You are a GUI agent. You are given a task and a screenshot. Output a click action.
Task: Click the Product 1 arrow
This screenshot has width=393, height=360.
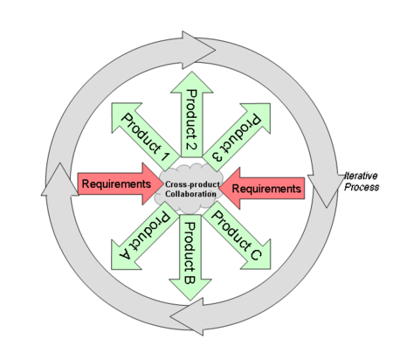(x=141, y=134)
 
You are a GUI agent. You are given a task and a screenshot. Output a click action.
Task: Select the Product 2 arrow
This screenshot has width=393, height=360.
(x=191, y=114)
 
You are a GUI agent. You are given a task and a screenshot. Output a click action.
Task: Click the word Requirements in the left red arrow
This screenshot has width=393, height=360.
(x=116, y=183)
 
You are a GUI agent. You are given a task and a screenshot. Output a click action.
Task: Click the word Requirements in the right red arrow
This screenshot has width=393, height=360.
(x=266, y=189)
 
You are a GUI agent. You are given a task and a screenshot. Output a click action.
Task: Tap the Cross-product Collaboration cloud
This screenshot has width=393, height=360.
(x=190, y=189)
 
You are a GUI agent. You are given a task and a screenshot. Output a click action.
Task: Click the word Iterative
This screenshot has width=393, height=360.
(x=361, y=176)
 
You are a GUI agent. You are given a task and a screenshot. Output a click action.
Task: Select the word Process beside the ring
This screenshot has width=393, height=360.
(x=362, y=187)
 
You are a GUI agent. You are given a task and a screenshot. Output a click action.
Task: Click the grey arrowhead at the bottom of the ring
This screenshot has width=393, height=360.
(x=187, y=316)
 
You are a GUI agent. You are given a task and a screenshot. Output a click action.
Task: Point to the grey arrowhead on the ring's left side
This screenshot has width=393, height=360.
(x=60, y=182)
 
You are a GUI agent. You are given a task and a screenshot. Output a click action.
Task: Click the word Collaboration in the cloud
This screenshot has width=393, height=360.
(x=190, y=194)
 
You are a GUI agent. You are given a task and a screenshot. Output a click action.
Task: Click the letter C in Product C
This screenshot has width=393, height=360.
(x=255, y=253)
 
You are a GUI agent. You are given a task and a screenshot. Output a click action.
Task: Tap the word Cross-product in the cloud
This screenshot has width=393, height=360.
(x=192, y=184)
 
